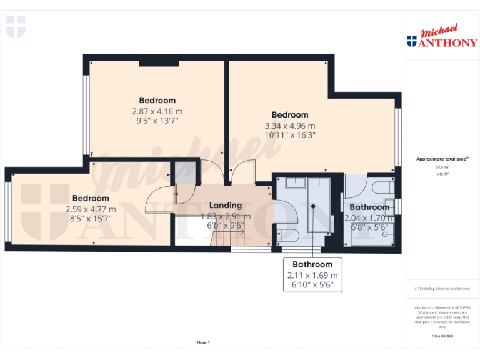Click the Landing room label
[x=226, y=205]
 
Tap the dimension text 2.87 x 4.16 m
[x=157, y=111]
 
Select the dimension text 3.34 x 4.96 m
[x=290, y=126]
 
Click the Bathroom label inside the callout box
[x=312, y=264]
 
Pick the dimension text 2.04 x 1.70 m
[x=369, y=218]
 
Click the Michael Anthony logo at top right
[x=442, y=37]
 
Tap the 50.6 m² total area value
[x=442, y=167]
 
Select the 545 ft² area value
[x=442, y=174]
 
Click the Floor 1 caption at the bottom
[x=203, y=342]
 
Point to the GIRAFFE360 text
[x=442, y=337]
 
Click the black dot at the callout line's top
[x=312, y=205]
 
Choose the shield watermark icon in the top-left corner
[x=16, y=27]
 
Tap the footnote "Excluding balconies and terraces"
[x=442, y=289]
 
